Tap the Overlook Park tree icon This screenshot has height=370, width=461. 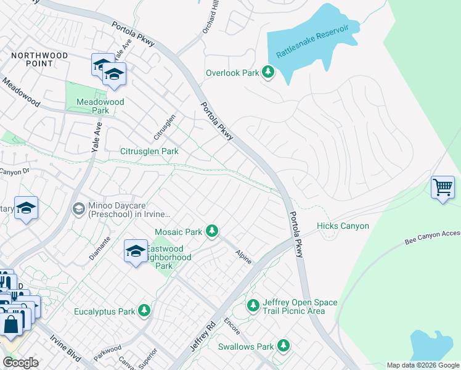(267, 73)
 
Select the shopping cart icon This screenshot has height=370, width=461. (443, 187)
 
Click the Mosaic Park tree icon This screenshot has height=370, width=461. (212, 231)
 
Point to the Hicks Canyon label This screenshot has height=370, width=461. (343, 226)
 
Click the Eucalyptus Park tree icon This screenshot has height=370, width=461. (144, 310)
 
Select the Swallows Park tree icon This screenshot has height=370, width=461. (283, 345)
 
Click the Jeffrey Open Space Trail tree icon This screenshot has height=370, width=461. (253, 305)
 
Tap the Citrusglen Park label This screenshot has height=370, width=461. (149, 151)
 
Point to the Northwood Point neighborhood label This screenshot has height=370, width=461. (39, 59)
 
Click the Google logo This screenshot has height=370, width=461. (20, 362)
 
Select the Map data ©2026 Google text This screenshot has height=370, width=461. (422, 365)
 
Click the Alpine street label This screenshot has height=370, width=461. (243, 257)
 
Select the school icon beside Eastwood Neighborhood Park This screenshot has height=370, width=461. (136, 252)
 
